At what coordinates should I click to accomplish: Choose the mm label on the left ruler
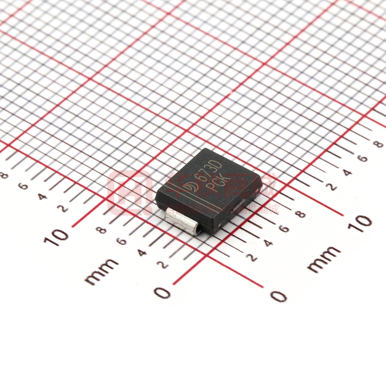pyautogui.click(x=102, y=271)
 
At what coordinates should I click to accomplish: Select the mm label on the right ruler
pyautogui.click(x=324, y=259)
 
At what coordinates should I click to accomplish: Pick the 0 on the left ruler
pyautogui.click(x=163, y=293)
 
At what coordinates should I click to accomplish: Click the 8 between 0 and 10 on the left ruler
pyautogui.click(x=102, y=230)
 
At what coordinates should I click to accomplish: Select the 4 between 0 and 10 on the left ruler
pyautogui.click(x=142, y=252)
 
